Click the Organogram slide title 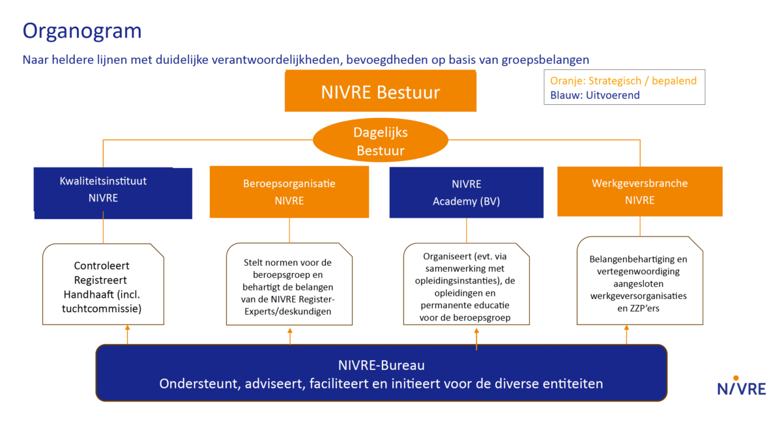coord(82,31)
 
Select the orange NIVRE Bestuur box coord(381,92)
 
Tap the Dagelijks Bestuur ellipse coord(380,141)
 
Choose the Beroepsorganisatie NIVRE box coord(289,192)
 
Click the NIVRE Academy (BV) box coord(466,192)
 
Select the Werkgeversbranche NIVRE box coord(639,192)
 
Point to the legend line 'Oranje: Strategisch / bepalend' coord(623,81)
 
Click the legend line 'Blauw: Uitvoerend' coord(594,95)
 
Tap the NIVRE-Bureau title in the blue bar coord(381,366)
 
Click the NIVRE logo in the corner coord(741,386)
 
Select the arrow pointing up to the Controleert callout coord(127,334)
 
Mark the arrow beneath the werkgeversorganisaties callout coord(626,334)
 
